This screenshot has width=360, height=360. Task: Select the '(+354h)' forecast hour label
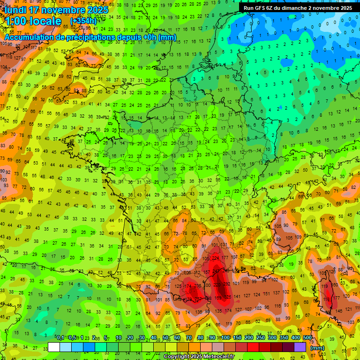point(83,22)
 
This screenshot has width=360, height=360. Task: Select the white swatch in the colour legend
point(54,347)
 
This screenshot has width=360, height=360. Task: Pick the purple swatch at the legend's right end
point(300,347)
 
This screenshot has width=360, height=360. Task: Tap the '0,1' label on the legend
point(60,337)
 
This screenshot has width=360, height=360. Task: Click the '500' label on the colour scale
point(307,337)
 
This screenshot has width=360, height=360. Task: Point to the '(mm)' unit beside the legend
point(317,348)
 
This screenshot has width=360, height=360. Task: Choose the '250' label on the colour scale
point(259,337)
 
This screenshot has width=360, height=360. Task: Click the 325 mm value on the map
point(228,297)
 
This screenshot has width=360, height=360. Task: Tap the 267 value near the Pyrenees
point(198,299)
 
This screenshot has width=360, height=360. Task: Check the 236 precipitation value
point(198,285)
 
